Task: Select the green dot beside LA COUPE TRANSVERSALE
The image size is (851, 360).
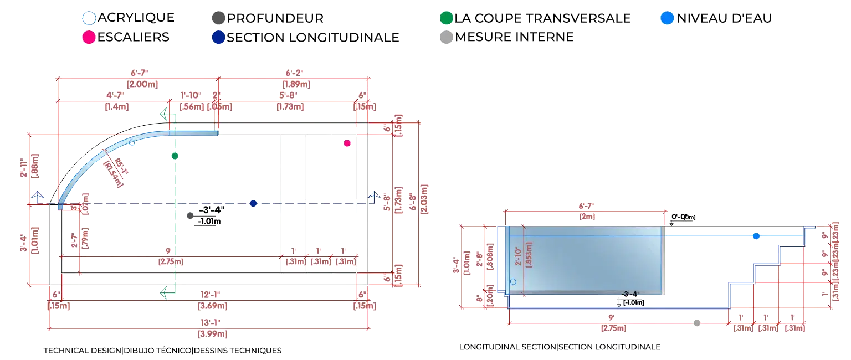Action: point(446,18)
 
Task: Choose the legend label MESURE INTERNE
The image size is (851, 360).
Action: point(514,37)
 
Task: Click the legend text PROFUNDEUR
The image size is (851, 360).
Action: point(275,18)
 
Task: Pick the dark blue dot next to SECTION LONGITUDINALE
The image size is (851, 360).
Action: point(218,37)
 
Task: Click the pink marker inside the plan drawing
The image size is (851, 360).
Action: point(347,143)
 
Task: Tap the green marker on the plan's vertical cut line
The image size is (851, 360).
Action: point(175,156)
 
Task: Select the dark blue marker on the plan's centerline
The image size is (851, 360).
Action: point(253,203)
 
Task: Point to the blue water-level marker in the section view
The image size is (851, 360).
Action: point(756,236)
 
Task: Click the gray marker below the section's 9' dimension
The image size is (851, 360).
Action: point(697,323)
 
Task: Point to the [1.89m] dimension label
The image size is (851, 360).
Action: point(296,84)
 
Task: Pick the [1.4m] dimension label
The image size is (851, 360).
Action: point(117,106)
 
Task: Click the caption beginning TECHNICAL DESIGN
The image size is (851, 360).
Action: point(163,351)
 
